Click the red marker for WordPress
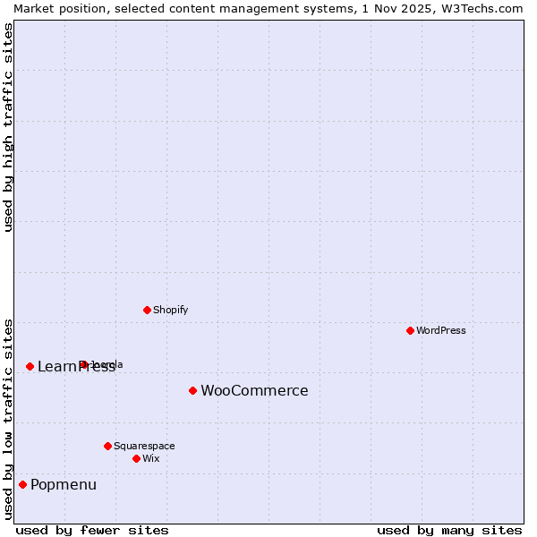point(410,330)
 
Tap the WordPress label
point(441,330)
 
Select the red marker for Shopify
point(147,310)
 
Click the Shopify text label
point(170,310)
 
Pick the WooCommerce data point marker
point(192,390)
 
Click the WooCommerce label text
point(254,390)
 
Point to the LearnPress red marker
point(30,366)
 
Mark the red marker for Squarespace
point(107,446)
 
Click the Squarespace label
point(144,446)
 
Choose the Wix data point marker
point(136,458)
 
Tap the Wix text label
point(150,458)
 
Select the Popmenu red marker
point(22,484)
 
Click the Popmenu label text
point(64,484)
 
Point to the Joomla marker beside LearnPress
point(83,364)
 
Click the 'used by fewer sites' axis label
point(92,530)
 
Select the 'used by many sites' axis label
point(449,530)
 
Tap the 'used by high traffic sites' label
point(8,127)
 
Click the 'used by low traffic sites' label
point(8,418)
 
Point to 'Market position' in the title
point(52,8)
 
